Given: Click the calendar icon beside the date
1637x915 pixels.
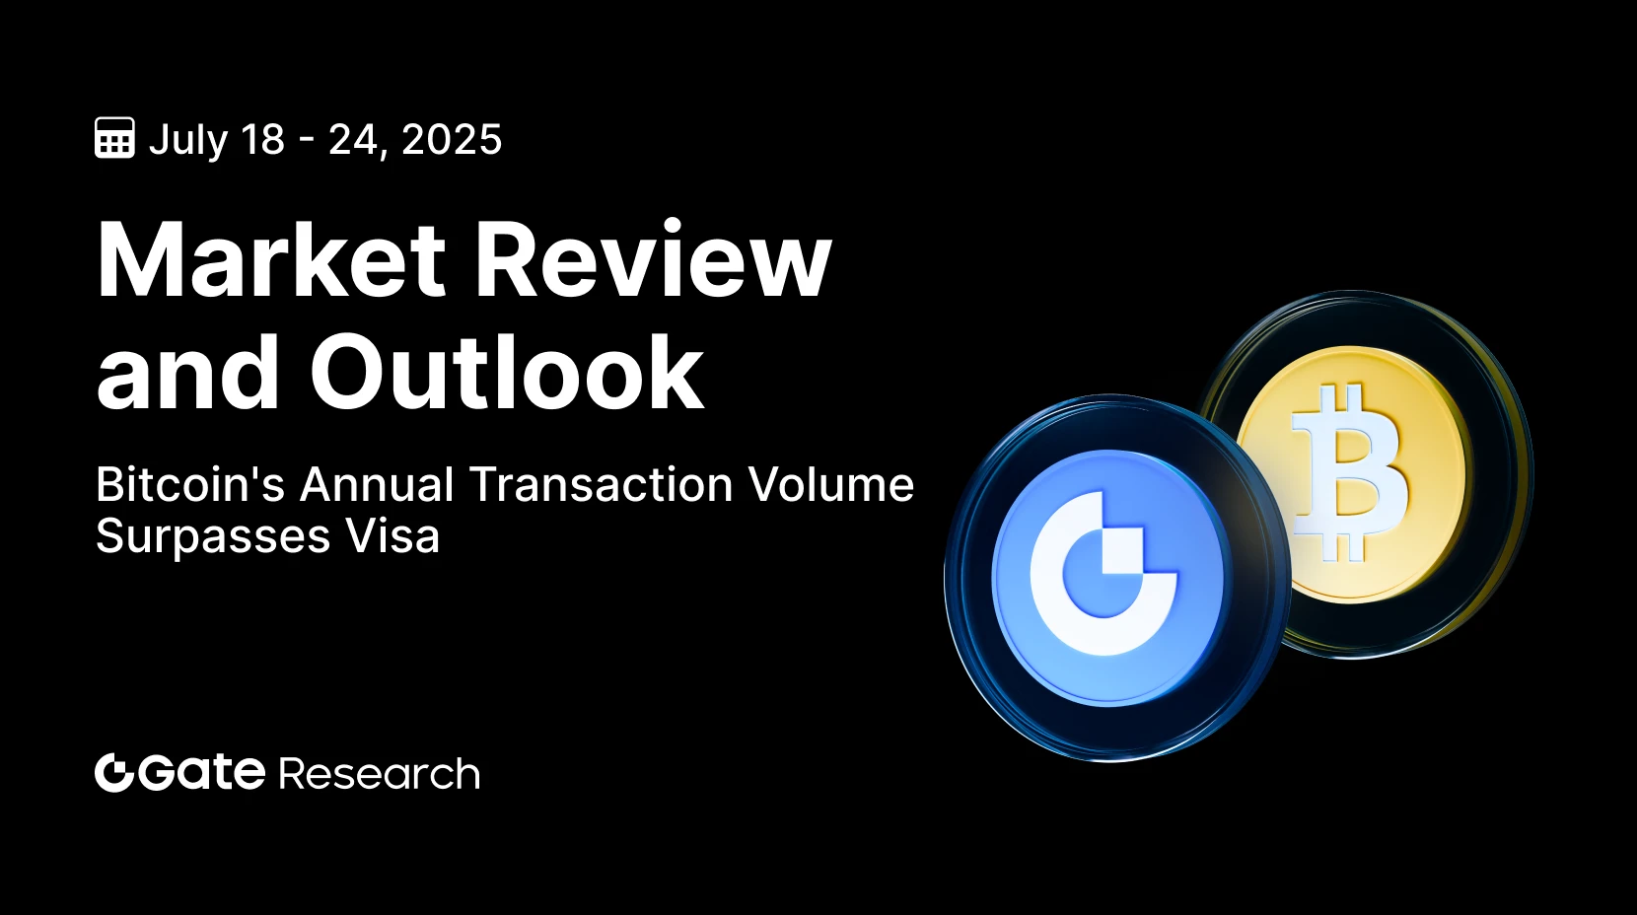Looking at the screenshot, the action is pos(114,137).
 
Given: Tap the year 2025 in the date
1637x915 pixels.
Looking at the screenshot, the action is pos(452,139).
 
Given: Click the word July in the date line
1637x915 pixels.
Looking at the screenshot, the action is pos(188,141).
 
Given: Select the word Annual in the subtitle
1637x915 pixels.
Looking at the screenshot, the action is pos(377,484).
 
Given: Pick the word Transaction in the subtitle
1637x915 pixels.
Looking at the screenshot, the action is pos(602,484).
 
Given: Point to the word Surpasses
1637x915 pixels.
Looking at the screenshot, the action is pos(213,537).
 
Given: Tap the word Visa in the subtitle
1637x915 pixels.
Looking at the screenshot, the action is pos(392,535).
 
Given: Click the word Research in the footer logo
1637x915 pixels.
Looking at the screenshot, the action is pos(380,774).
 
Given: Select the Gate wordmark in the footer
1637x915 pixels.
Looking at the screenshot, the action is pos(200,773).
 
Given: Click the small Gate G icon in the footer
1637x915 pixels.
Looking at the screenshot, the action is pos(113,773).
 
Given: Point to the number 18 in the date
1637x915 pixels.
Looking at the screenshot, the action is pos(262,139).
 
